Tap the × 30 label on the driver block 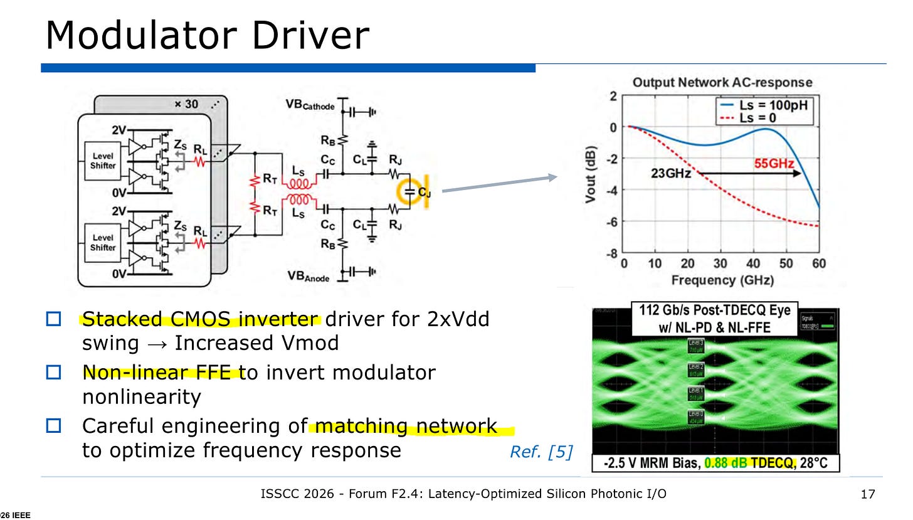[x=187, y=103]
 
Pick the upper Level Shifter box [x=103, y=160]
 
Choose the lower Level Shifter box [x=103, y=243]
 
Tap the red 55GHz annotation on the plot [x=773, y=164]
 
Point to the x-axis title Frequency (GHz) [x=722, y=280]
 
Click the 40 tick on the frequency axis [x=754, y=264]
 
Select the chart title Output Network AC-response [x=722, y=82]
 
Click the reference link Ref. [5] [x=541, y=452]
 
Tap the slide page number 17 [x=867, y=494]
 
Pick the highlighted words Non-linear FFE [x=160, y=373]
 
